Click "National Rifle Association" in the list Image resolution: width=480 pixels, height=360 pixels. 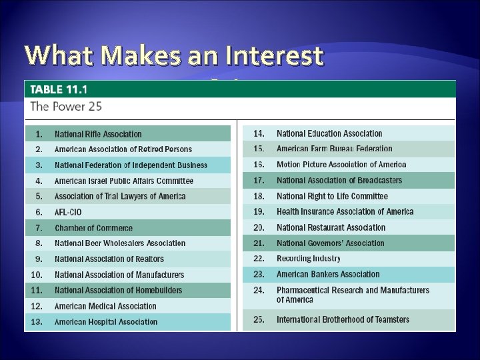(98, 134)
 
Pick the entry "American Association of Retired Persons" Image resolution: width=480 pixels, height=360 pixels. (123, 149)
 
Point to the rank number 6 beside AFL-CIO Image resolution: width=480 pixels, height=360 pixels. (39, 212)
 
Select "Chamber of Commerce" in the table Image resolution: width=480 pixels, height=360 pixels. (93, 228)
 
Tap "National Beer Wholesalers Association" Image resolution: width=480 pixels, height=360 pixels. (120, 243)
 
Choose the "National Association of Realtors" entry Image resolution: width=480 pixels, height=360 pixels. (109, 259)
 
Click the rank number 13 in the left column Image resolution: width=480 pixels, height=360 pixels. (37, 321)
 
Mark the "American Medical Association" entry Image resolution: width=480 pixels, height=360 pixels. (105, 306)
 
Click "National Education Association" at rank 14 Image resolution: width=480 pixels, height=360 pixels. (329, 133)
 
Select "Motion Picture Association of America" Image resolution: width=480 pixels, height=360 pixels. (341, 165)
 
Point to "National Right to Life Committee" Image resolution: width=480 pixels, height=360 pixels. (332, 196)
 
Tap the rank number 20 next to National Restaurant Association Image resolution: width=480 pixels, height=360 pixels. (259, 227)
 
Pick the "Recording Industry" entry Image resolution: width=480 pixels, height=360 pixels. (308, 258)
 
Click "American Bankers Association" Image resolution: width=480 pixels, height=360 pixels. (328, 274)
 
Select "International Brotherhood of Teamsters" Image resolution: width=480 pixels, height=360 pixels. (343, 320)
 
